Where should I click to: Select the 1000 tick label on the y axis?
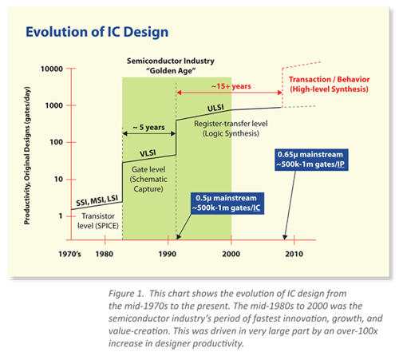coord(53,105)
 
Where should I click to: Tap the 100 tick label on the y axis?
coord(56,142)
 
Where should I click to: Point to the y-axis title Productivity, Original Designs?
coord(29,156)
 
